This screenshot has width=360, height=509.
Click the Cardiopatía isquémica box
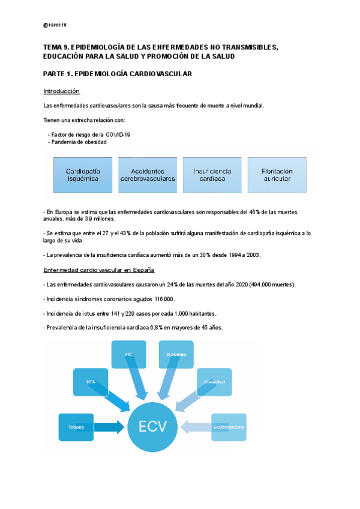(83, 175)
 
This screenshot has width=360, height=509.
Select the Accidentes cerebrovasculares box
(148, 175)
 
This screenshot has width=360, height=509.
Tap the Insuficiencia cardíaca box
(212, 175)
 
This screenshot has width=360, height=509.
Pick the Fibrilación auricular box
(277, 175)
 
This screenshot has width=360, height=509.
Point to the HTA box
(91, 381)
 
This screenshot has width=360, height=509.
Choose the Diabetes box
(176, 354)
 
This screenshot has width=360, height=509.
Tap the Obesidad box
(214, 382)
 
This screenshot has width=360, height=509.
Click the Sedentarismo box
(228, 427)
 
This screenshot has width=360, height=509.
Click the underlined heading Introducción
(62, 91)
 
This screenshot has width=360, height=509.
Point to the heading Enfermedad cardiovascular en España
(100, 270)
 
